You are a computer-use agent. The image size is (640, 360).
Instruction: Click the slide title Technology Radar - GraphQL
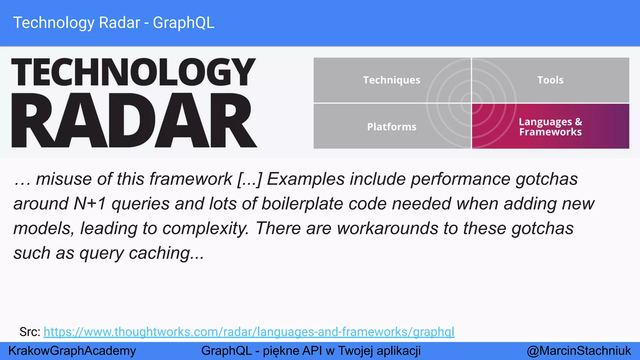(x=114, y=23)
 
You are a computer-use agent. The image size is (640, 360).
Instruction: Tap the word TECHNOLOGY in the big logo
(x=133, y=72)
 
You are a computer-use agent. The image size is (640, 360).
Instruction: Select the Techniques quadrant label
(x=392, y=80)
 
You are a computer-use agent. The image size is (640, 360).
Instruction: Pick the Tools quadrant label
(x=550, y=80)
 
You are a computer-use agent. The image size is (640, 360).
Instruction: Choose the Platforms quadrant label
(x=392, y=127)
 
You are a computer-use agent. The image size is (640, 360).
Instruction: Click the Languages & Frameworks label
(x=550, y=127)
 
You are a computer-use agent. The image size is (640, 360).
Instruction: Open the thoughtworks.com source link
(x=249, y=332)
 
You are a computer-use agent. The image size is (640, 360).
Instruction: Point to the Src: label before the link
(x=30, y=332)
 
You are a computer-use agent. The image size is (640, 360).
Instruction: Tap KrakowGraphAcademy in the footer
(x=72, y=351)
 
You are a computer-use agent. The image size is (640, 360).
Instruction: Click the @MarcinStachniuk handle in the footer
(x=579, y=351)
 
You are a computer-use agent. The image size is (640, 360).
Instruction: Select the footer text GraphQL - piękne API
(x=311, y=351)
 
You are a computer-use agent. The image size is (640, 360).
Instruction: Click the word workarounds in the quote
(x=387, y=228)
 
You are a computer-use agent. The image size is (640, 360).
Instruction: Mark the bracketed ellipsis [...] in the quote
(x=249, y=179)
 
